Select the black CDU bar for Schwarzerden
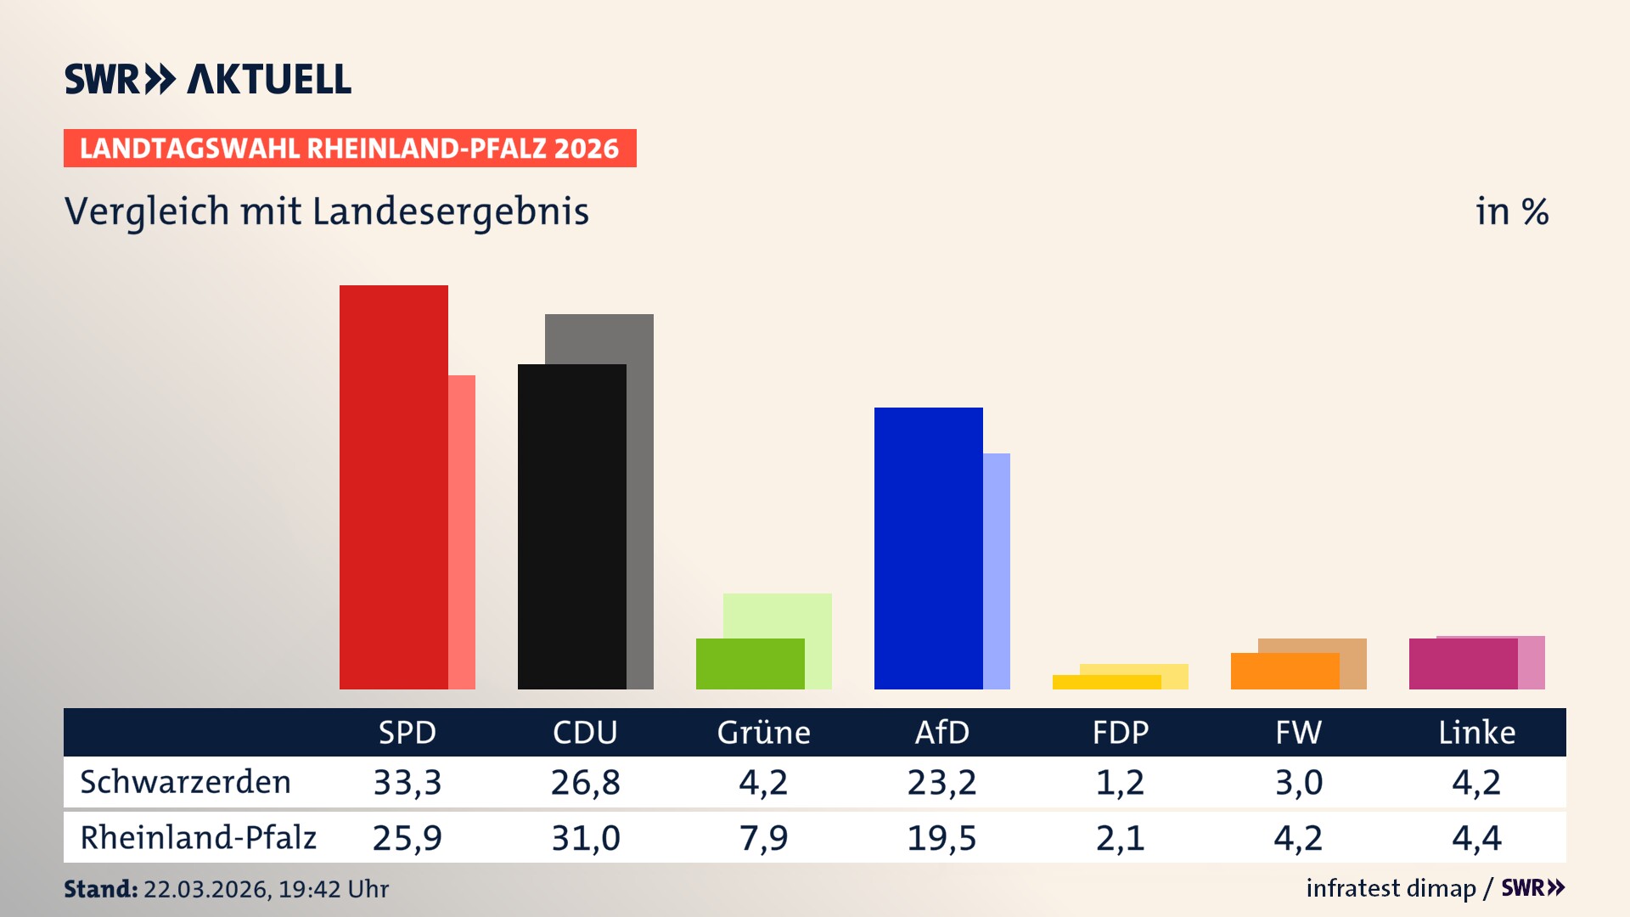coord(571,526)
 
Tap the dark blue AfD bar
coord(928,548)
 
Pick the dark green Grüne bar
coord(750,663)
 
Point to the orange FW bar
coord(1284,671)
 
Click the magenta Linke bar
coord(1463,663)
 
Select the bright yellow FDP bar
coord(1106,682)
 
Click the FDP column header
coord(1120,732)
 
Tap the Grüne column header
coord(763,732)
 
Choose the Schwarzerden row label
coord(185,782)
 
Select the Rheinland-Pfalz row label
coord(198,838)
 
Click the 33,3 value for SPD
coord(407,782)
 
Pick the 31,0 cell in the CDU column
coord(586,838)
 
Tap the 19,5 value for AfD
coord(941,838)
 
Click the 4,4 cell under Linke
coord(1476,838)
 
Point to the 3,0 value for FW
coord(1298,782)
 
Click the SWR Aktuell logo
coord(208,79)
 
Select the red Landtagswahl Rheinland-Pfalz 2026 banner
coord(350,149)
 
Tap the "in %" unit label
coord(1511,211)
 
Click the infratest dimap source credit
coord(1391,888)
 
